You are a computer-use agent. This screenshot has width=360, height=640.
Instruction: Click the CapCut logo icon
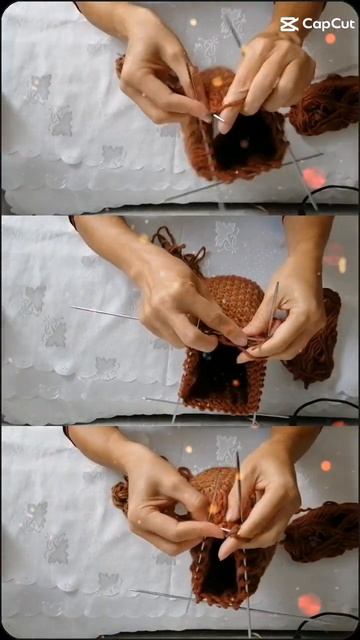(289, 24)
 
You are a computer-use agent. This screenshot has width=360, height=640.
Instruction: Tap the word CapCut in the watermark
(328, 24)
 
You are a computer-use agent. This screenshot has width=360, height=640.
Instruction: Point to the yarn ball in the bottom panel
(322, 532)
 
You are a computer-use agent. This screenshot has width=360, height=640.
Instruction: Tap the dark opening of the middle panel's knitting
(219, 375)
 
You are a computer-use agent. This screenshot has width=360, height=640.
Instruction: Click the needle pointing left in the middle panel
(107, 313)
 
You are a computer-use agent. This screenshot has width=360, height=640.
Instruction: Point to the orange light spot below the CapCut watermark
(330, 38)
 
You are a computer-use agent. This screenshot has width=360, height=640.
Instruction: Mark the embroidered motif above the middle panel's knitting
(227, 237)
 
